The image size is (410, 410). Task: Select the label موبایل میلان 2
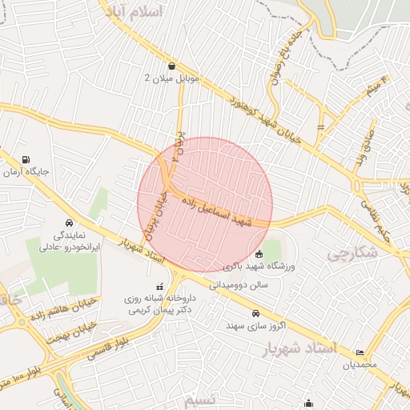171,78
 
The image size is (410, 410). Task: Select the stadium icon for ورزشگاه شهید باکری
256,255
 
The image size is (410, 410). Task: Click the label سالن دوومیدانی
239,283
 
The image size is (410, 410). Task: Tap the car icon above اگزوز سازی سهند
255,313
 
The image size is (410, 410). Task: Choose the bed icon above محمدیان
360,352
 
